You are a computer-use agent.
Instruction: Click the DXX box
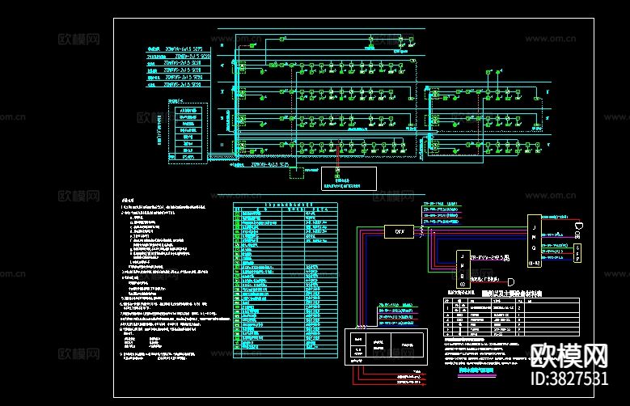point(399,231)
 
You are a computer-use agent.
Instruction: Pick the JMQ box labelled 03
point(462,269)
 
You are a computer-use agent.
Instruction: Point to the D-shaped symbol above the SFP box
point(579,225)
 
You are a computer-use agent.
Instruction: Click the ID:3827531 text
point(569,379)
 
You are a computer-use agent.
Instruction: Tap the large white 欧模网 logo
point(569,356)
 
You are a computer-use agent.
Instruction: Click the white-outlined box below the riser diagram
point(349,179)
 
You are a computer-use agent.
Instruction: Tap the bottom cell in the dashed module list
point(188,159)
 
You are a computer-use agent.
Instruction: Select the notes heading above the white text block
point(127,200)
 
